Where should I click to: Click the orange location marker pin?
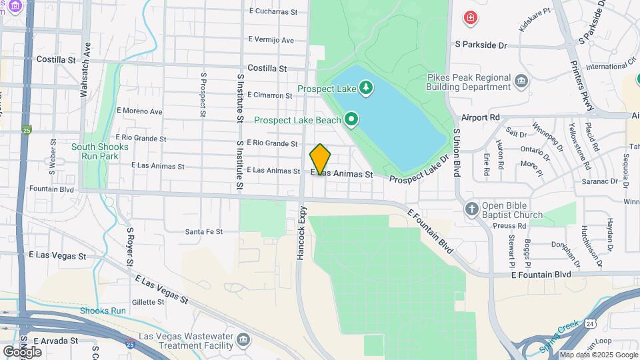(320, 159)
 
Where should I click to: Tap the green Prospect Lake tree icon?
(365, 88)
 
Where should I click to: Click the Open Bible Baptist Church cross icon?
(472, 209)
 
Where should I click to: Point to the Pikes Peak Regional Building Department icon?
(522, 82)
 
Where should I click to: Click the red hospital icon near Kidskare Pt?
(471, 17)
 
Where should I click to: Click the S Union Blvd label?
(457, 152)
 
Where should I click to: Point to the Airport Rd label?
(480, 117)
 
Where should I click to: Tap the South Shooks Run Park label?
(95, 151)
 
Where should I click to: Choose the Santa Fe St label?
(203, 231)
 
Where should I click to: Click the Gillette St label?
(148, 302)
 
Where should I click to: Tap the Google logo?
(22, 351)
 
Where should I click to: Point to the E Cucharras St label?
(272, 11)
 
